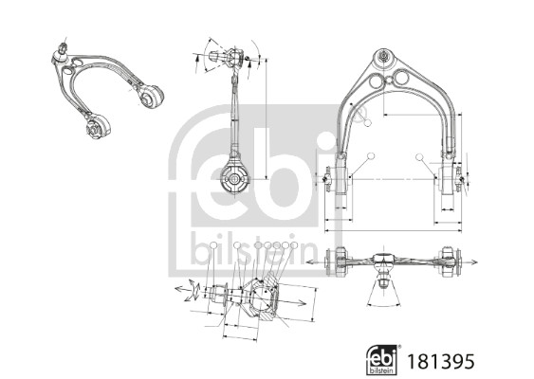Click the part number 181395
pyautogui.click(x=440, y=361)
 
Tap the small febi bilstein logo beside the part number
pyautogui.click(x=382, y=360)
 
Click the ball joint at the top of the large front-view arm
pyautogui.click(x=384, y=57)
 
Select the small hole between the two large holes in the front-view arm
pyautogui.click(x=389, y=80)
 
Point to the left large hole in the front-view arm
pyautogui.click(x=376, y=81)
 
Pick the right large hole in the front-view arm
pyautogui.click(x=401, y=76)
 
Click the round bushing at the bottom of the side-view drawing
pyautogui.click(x=234, y=179)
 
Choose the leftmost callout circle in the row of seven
pyautogui.click(x=213, y=245)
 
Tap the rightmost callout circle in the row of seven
pyautogui.click(x=294, y=245)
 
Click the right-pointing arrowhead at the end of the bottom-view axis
pyautogui.click(x=473, y=262)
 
